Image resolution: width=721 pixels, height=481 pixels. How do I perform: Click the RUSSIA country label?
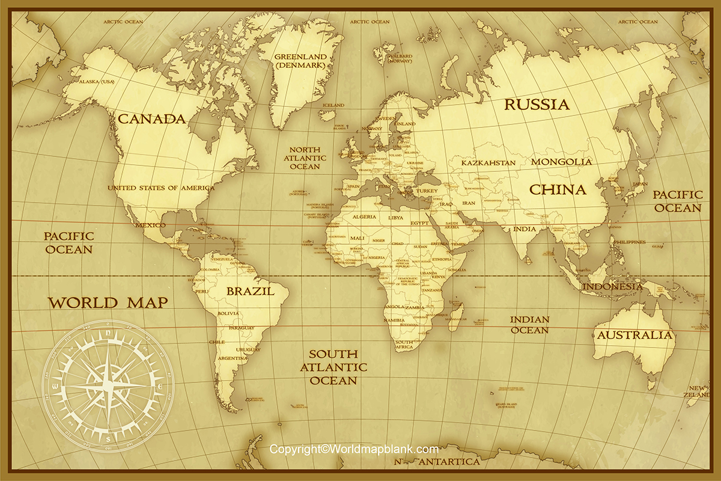click(537, 105)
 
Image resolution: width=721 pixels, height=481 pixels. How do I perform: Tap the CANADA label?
click(151, 118)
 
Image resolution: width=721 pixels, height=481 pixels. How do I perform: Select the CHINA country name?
click(557, 190)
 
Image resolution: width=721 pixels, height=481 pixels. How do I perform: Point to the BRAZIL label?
click(250, 292)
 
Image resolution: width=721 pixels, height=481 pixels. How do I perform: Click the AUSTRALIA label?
click(634, 335)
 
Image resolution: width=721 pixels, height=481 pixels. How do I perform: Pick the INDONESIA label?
click(612, 287)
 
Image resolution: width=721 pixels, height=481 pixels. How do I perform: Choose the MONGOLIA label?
click(561, 162)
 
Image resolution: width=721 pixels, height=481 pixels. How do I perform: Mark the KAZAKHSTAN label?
click(488, 163)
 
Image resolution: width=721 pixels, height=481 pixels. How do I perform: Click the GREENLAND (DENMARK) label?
click(300, 61)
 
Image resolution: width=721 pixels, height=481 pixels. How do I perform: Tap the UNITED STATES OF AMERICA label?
click(160, 188)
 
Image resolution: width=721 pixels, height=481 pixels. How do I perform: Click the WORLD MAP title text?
click(108, 302)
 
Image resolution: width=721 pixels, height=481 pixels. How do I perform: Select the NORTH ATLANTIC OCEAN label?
click(305, 158)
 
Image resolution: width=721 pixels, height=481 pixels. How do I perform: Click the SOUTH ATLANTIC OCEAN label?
click(333, 367)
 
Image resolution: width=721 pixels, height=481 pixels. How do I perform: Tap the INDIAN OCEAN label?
click(529, 325)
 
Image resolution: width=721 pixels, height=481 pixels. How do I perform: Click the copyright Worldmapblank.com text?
click(354, 449)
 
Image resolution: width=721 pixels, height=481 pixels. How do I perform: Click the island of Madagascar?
click(455, 314)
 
